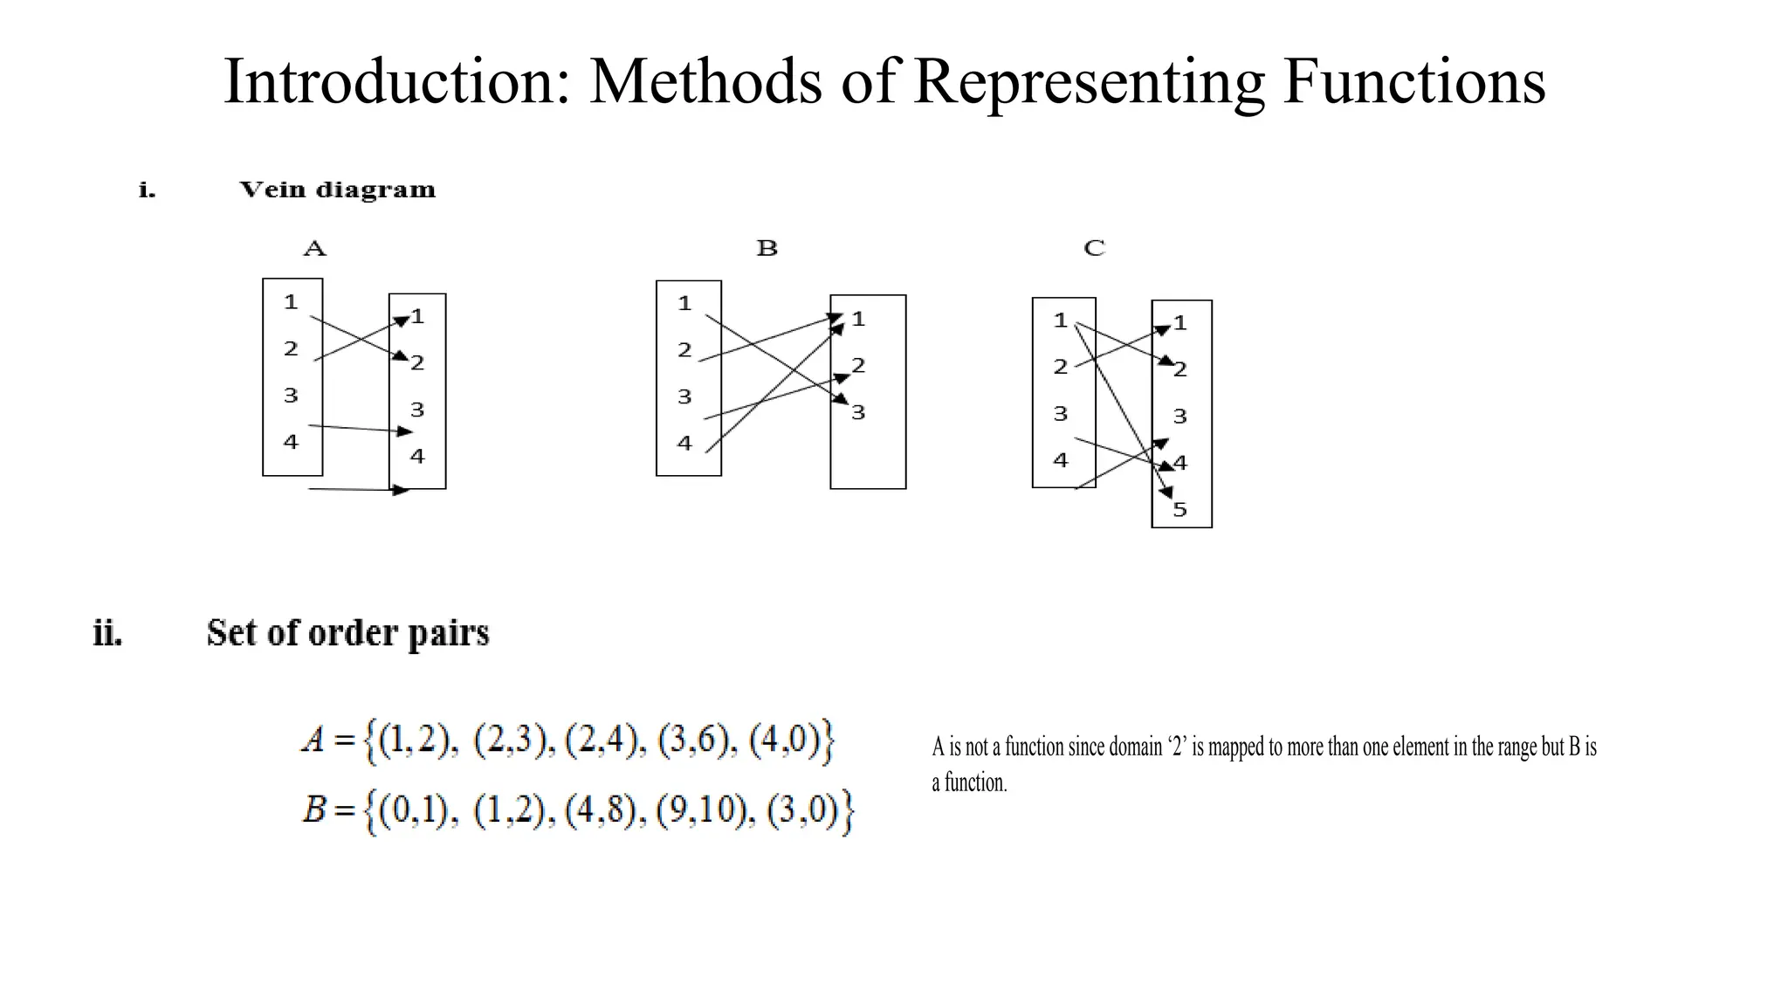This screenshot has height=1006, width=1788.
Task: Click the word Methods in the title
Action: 705,81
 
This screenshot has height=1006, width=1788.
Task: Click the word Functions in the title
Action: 1413,81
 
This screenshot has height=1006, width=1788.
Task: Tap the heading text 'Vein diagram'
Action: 337,189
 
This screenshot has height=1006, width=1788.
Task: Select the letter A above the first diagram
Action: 314,249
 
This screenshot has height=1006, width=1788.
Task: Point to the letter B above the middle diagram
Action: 767,249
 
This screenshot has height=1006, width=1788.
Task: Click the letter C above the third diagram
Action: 1094,249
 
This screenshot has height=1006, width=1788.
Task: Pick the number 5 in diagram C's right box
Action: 1180,510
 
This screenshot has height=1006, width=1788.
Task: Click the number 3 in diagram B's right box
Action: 858,412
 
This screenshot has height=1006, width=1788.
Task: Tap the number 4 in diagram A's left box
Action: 291,442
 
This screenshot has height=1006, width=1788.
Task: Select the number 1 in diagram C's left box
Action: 1061,320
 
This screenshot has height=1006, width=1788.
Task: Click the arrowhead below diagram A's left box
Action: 402,490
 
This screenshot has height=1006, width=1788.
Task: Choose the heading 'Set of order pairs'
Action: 347,633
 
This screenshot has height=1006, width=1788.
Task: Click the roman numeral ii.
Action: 107,633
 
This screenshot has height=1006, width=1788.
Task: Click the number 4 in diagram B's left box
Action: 684,444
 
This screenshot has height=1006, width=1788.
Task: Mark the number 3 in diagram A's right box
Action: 417,410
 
